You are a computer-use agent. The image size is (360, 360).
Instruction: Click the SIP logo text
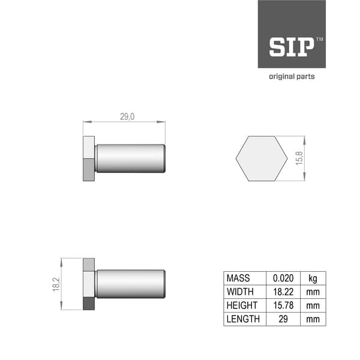(x=291, y=47)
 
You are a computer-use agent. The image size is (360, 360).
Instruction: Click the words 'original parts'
(x=291, y=77)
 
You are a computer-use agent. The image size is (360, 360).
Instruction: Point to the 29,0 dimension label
(x=127, y=116)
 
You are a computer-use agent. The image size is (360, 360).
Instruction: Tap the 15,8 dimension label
(x=300, y=159)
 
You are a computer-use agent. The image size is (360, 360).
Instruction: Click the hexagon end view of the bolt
(x=261, y=158)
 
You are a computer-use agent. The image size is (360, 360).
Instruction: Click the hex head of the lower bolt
(x=89, y=284)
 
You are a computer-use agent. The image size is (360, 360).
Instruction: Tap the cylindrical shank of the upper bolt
(x=130, y=158)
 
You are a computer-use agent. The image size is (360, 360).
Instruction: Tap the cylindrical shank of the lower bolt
(x=130, y=284)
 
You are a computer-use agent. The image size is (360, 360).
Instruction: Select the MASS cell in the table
(x=238, y=278)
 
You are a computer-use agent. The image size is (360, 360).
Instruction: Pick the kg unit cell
(x=313, y=278)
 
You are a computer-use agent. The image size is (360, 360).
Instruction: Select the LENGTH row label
(x=243, y=319)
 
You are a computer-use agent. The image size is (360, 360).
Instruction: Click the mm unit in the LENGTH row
(x=313, y=319)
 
